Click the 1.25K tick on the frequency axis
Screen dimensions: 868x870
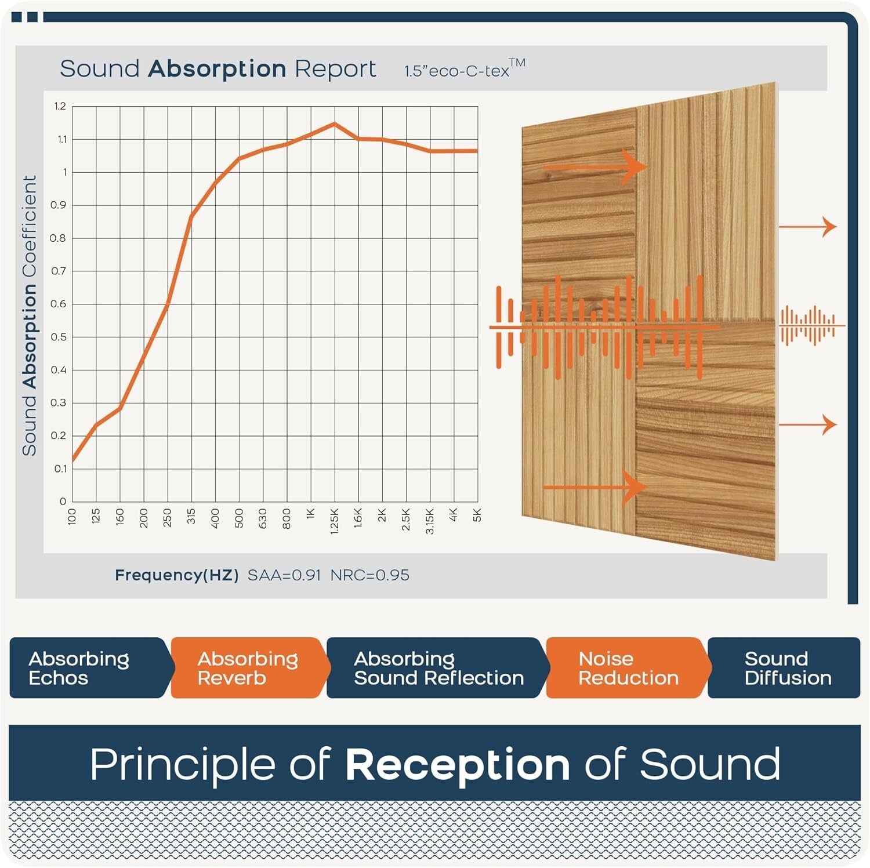(334, 521)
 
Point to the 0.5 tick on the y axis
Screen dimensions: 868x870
(59, 337)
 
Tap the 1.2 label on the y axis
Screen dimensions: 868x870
(60, 106)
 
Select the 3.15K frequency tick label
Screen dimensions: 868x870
(430, 521)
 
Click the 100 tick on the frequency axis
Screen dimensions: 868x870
(72, 516)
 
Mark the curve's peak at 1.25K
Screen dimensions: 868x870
(334, 124)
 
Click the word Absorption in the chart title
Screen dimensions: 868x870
(217, 69)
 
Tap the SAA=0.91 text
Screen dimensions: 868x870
(284, 575)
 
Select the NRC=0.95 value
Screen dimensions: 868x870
(369, 575)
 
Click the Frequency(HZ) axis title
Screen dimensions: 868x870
(176, 575)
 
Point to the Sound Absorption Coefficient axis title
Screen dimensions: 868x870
(30, 315)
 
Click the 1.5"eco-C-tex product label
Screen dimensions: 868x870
(464, 70)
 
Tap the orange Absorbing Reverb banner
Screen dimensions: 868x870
(248, 668)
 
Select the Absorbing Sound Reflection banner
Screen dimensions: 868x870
(438, 668)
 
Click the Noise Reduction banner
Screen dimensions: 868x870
(628, 668)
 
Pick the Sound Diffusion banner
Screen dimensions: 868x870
(786, 668)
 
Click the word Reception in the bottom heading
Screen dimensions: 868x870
(458, 764)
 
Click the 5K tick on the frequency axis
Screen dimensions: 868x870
(477, 515)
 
